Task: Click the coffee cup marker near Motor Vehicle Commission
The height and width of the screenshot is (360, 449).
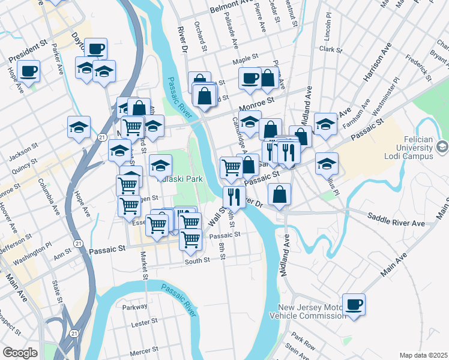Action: pyautogui.click(x=354, y=304)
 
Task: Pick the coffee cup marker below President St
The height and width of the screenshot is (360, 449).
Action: pyautogui.click(x=28, y=71)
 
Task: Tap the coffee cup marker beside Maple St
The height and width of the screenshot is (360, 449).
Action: pyautogui.click(x=250, y=77)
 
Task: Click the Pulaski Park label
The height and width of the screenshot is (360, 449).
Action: pyautogui.click(x=179, y=178)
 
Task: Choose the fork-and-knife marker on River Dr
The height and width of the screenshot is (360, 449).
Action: pyautogui.click(x=234, y=197)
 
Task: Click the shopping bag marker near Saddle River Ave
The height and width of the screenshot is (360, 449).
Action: pyautogui.click(x=280, y=194)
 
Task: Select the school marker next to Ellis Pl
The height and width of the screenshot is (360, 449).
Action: pyautogui.click(x=327, y=163)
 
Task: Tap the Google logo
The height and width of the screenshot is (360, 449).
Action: pyautogui.click(x=20, y=353)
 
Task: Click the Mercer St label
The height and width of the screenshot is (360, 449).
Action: pyautogui.click(x=145, y=349)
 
